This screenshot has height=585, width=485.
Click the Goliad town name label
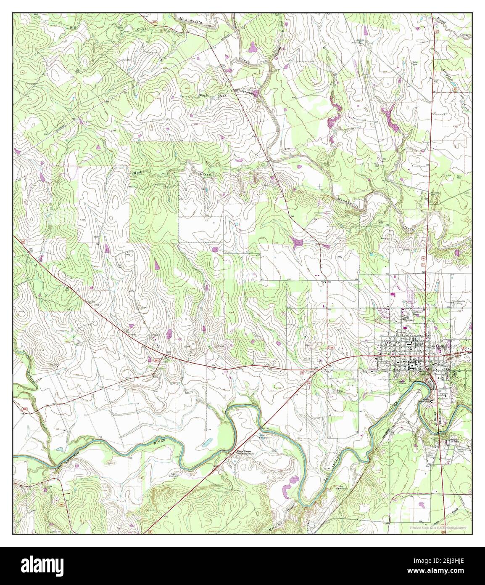click(443, 346)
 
